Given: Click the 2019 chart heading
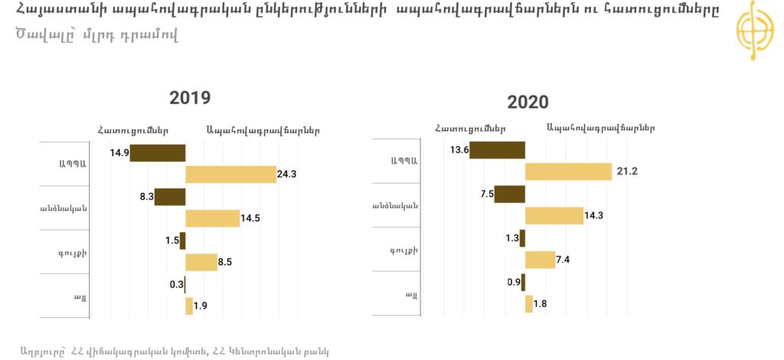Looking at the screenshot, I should (x=190, y=98).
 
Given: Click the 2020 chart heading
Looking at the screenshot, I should (x=528, y=103).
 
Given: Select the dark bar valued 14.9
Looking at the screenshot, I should (x=158, y=152).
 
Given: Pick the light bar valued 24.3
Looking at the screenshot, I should (x=230, y=174).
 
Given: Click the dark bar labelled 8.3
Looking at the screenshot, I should (x=170, y=197).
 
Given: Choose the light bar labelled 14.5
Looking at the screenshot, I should (x=212, y=218).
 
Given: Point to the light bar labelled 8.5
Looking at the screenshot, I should (x=201, y=262).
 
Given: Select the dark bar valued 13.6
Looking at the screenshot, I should (x=497, y=149).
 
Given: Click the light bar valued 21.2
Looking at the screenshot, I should (x=568, y=171).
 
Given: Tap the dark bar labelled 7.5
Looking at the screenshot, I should (x=509, y=194).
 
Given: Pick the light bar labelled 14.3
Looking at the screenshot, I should (x=554, y=216).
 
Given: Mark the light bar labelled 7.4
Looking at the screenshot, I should (x=540, y=260).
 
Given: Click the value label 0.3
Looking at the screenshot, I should (x=175, y=284).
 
